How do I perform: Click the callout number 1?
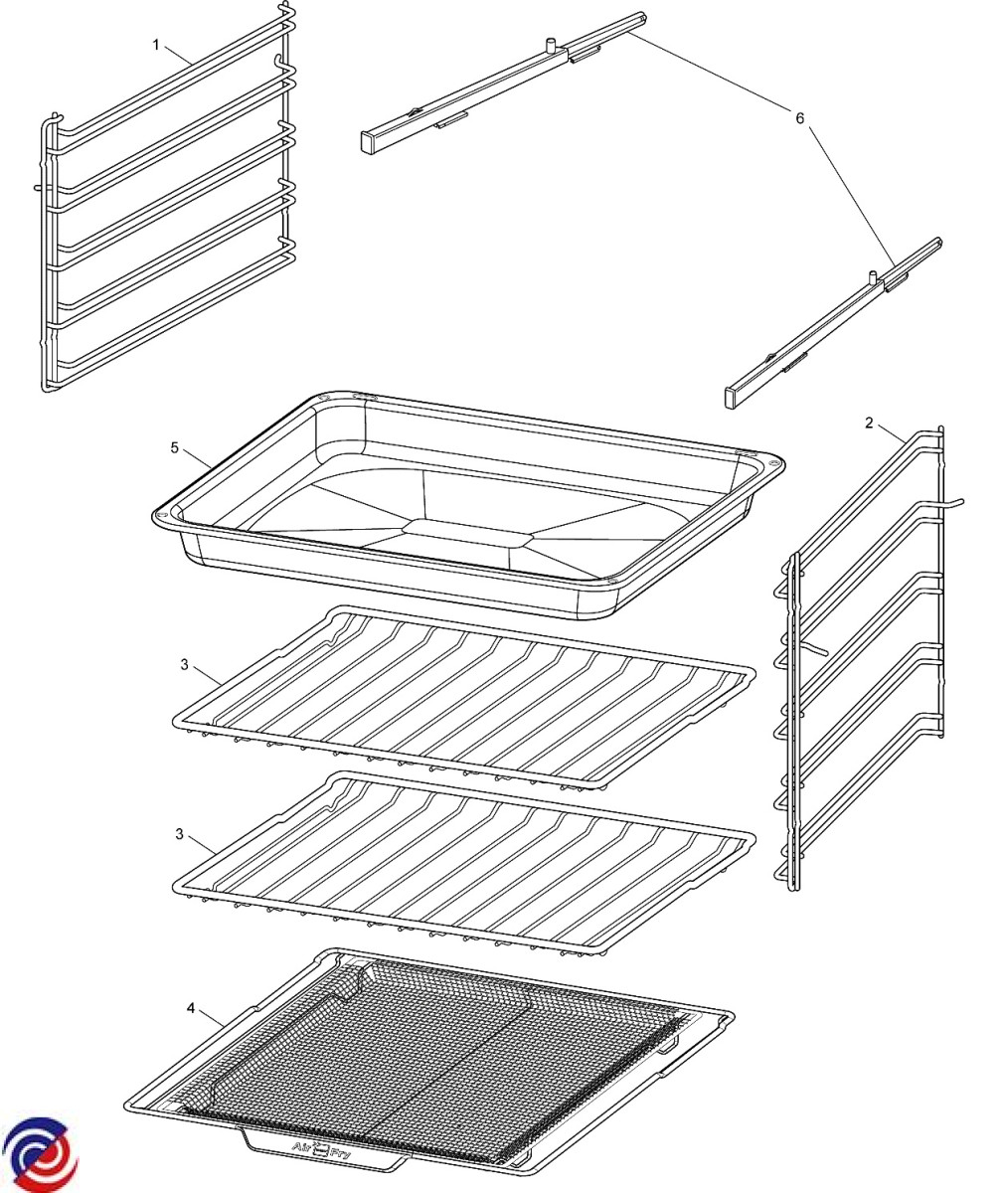(x=155, y=45)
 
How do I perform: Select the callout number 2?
(x=869, y=424)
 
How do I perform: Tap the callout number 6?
(x=800, y=118)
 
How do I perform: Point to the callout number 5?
(x=175, y=448)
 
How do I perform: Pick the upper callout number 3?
(x=184, y=664)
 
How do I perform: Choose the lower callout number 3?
(x=179, y=834)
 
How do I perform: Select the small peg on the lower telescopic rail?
(x=873, y=277)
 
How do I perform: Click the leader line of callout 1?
(x=179, y=56)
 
